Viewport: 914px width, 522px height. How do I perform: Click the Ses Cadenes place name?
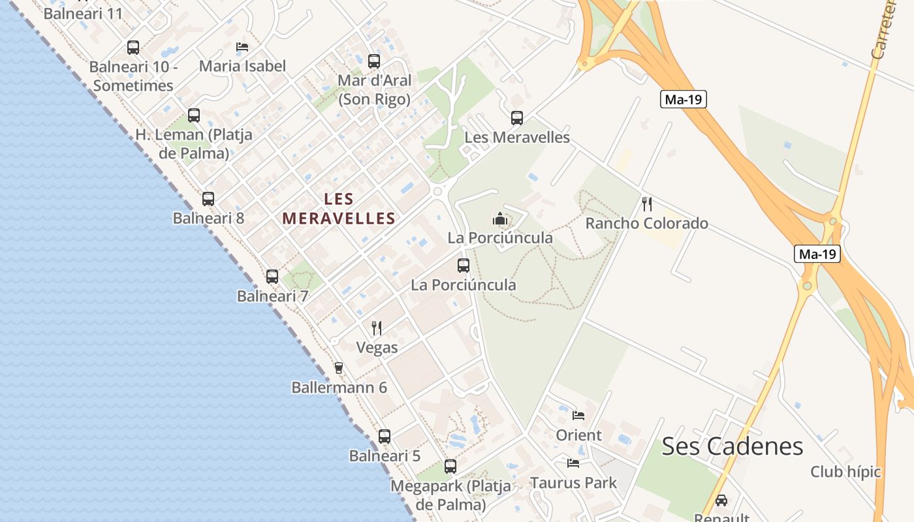point(732,446)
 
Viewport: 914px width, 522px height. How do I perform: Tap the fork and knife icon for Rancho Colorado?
point(647,204)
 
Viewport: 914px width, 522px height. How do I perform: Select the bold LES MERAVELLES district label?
point(339,209)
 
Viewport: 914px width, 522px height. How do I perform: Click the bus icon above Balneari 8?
point(208,199)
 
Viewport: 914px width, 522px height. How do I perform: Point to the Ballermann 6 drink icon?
point(338,368)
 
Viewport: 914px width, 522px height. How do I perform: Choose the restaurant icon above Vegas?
point(377,328)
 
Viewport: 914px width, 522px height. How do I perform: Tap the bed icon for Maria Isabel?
point(242,47)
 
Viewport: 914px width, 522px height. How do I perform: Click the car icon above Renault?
point(721,500)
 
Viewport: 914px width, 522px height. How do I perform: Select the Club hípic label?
point(845,472)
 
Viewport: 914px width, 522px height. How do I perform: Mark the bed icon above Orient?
point(578,415)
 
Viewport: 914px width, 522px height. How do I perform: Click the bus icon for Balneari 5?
point(385,437)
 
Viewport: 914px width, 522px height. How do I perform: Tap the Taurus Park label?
point(573,483)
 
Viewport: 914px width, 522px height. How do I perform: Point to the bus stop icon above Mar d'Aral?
point(374,61)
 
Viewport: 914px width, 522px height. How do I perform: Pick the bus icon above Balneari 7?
point(272,277)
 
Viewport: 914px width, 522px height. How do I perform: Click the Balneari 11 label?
point(83,13)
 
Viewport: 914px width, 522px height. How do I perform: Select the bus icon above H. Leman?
point(194,115)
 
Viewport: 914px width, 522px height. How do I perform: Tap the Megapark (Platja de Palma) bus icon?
point(450,467)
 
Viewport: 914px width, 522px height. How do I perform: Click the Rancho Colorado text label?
point(646,223)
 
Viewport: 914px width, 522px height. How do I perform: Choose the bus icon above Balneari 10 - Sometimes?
point(133,48)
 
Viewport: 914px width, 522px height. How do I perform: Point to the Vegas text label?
point(377,348)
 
